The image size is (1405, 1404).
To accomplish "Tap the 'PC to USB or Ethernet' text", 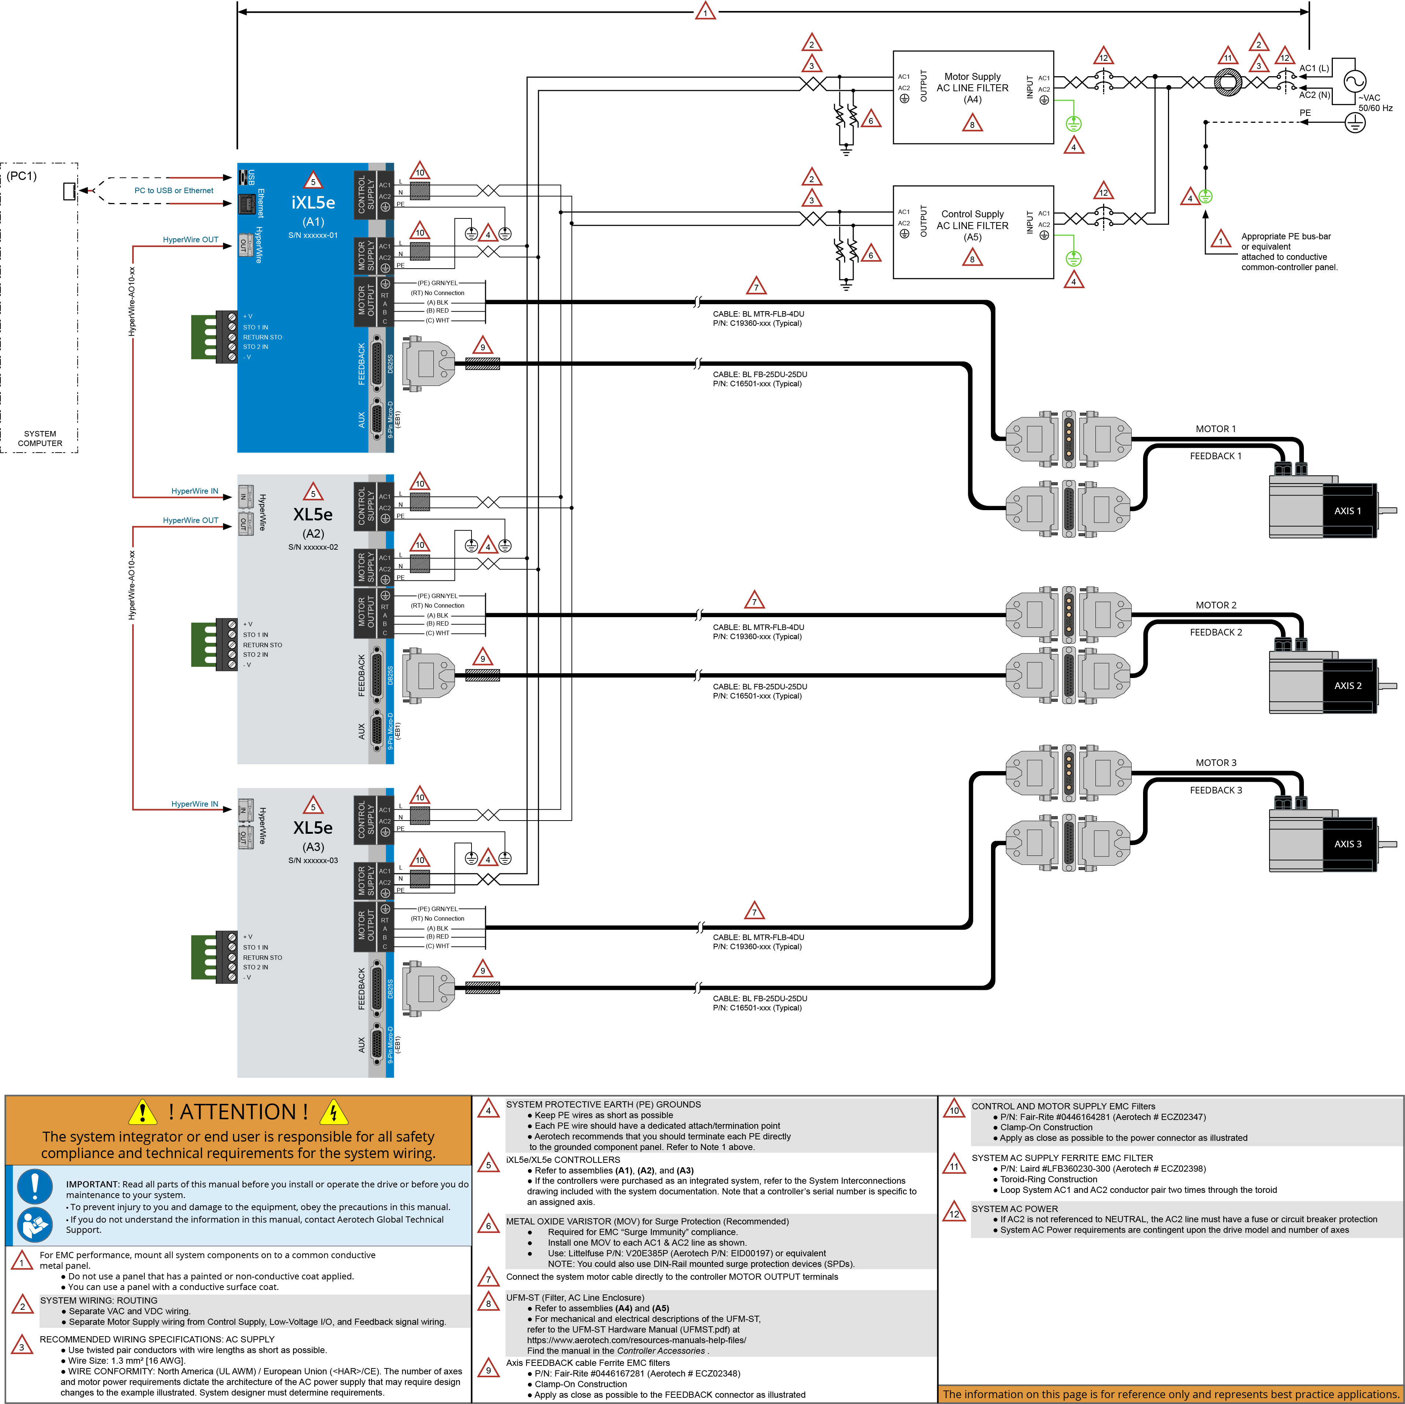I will [174, 191].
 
